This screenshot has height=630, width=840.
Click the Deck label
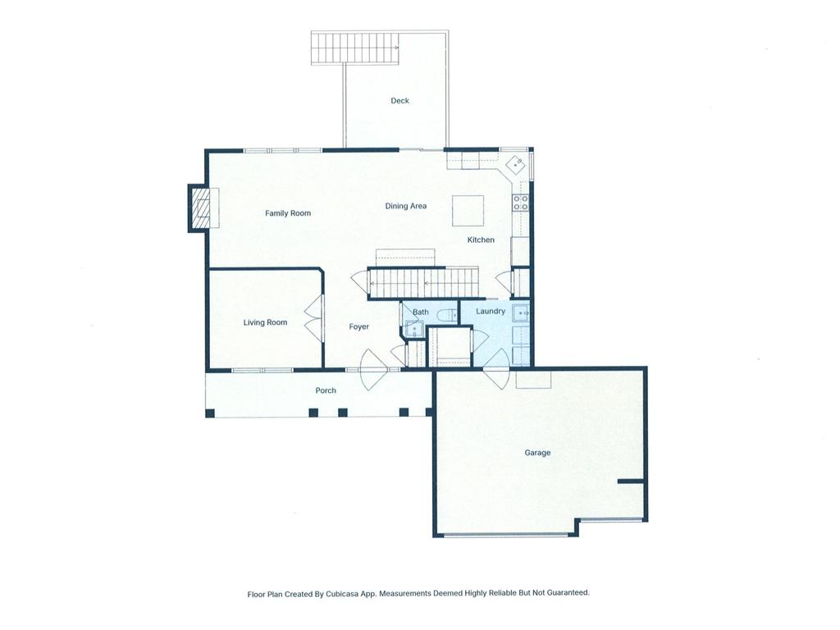399,101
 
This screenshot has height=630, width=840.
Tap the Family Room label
288,213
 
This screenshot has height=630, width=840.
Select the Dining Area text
406,206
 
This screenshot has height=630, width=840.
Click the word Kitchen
481,240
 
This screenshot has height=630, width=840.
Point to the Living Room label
265,322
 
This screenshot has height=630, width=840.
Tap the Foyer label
358,327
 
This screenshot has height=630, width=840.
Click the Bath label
420,313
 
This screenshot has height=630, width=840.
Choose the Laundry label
491,312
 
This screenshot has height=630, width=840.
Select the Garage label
537,453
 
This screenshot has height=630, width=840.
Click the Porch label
326,390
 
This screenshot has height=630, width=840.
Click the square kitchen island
468,210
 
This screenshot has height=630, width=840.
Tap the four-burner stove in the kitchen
521,203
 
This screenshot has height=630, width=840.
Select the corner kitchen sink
515,164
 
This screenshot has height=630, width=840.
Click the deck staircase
354,48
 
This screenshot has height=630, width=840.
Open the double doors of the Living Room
313,318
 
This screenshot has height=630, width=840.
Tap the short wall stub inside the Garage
631,481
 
